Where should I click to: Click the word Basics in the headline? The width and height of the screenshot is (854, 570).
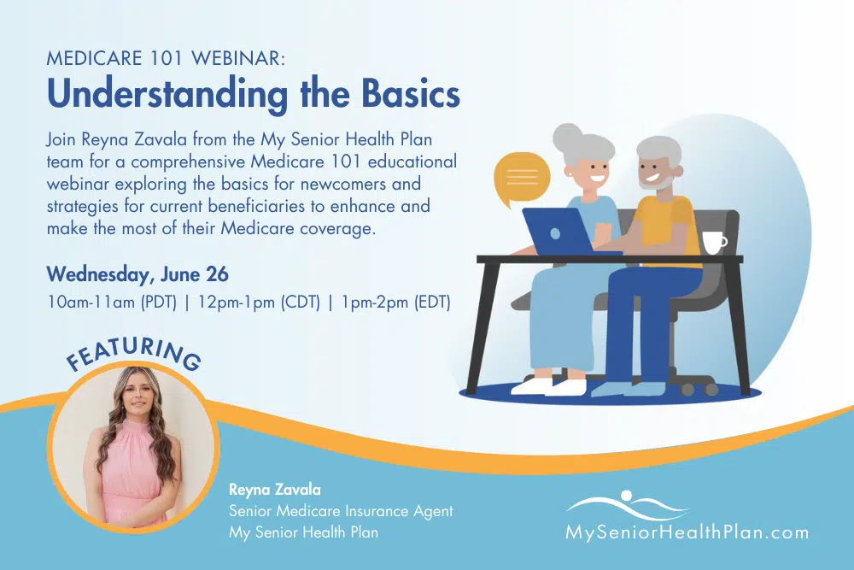(x=411, y=94)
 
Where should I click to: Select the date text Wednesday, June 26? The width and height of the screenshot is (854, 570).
(x=137, y=274)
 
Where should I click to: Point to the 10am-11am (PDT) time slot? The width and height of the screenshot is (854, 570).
(x=112, y=303)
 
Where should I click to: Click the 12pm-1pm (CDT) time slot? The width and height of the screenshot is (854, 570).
(x=259, y=303)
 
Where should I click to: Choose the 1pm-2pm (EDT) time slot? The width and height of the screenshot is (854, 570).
(x=396, y=303)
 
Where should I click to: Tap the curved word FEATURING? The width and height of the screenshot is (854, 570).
(x=133, y=353)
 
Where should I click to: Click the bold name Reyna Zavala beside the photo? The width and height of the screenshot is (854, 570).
(x=274, y=490)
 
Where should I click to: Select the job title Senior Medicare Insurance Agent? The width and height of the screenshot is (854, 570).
(x=341, y=511)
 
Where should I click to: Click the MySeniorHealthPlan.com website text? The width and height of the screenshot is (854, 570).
(x=687, y=532)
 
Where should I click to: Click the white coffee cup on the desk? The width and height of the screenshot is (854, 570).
(x=713, y=243)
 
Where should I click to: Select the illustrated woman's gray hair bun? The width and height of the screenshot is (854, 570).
(x=568, y=137)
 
